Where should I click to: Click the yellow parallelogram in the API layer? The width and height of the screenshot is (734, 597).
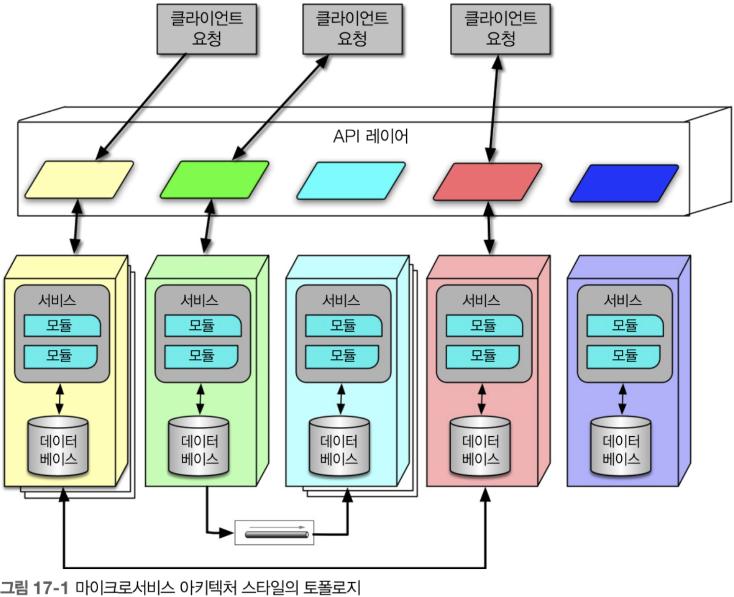pos(79,179)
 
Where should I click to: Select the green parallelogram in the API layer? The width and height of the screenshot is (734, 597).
pos(214,179)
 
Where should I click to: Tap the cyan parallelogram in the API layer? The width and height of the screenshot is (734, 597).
pos(351,180)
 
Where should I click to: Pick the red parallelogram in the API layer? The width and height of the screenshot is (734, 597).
pos(488,181)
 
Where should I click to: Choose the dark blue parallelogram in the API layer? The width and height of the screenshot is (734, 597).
pos(624,183)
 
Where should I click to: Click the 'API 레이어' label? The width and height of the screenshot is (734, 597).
pos(371,136)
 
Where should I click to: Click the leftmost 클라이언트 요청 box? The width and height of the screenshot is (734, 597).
pos(207,29)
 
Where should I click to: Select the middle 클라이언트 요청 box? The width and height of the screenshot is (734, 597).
pos(352,29)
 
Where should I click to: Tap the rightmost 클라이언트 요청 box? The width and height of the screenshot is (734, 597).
pos(500,29)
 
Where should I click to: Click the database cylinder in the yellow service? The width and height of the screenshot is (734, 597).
pos(58,446)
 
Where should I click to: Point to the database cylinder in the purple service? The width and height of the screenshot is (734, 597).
pos(621,446)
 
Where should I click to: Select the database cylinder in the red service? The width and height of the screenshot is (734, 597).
pos(480,446)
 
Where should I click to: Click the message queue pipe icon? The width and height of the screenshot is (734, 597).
pos(277,535)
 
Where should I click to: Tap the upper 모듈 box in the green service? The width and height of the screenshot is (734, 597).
pos(203,325)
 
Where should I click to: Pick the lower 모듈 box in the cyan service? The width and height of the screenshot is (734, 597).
pos(342,356)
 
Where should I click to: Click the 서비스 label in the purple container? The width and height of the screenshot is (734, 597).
pos(622,300)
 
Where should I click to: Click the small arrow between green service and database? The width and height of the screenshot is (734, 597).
pos(200,399)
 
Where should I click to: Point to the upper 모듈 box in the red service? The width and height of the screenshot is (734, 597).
pos(484,325)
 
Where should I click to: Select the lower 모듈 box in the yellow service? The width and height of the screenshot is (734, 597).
pos(60,356)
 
